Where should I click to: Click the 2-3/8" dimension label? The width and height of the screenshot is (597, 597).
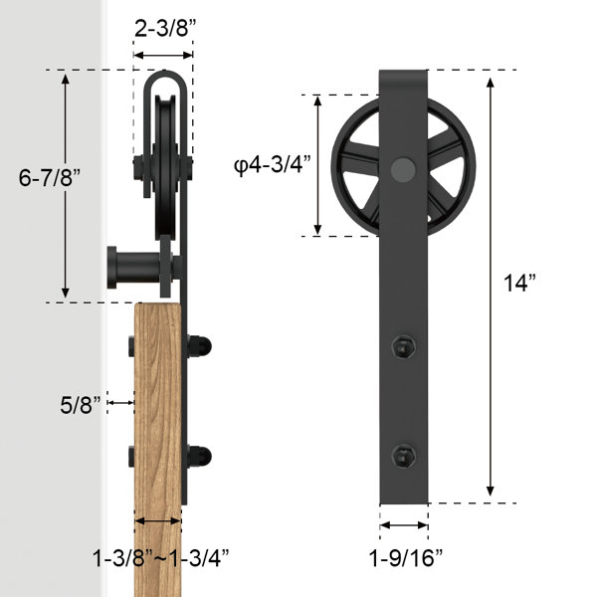[x=163, y=29]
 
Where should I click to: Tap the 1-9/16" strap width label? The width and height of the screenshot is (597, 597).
[x=405, y=555]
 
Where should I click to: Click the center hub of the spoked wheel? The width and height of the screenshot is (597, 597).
[x=404, y=169]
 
